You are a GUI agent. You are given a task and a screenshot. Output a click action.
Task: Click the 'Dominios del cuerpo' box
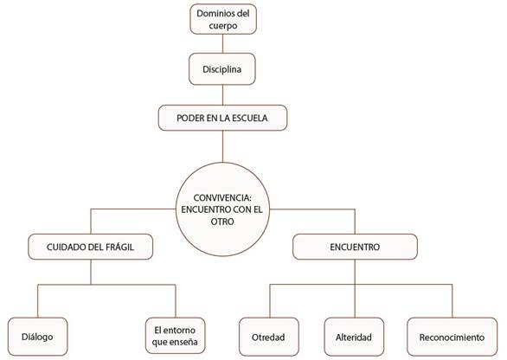[223, 19]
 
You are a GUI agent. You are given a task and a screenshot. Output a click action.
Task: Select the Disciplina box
[222, 69]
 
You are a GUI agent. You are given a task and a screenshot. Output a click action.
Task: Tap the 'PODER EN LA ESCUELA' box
[222, 118]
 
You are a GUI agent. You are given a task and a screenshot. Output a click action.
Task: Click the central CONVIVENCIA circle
[222, 209]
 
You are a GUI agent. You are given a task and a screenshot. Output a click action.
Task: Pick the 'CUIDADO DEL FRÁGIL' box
[91, 247]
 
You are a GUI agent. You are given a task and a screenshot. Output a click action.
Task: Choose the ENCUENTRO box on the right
[355, 247]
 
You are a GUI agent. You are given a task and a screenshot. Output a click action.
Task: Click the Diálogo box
[37, 337]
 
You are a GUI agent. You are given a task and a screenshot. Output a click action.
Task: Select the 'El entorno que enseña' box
[175, 336]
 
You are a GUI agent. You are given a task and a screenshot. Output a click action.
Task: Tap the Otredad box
[268, 337]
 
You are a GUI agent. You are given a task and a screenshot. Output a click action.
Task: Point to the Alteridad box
[354, 337]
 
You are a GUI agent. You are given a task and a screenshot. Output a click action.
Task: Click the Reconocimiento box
[452, 337]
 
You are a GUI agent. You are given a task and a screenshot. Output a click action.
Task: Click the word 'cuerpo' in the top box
[223, 26]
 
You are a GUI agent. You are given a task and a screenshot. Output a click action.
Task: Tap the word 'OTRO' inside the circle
[222, 222]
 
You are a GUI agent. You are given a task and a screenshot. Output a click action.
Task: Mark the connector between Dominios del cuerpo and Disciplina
[222, 43]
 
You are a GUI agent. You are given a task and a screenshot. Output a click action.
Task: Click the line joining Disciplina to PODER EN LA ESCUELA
[222, 95]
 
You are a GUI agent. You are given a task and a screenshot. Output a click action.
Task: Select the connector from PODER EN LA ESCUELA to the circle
[222, 146]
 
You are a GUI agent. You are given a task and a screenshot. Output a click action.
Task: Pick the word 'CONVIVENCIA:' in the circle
[222, 197]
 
